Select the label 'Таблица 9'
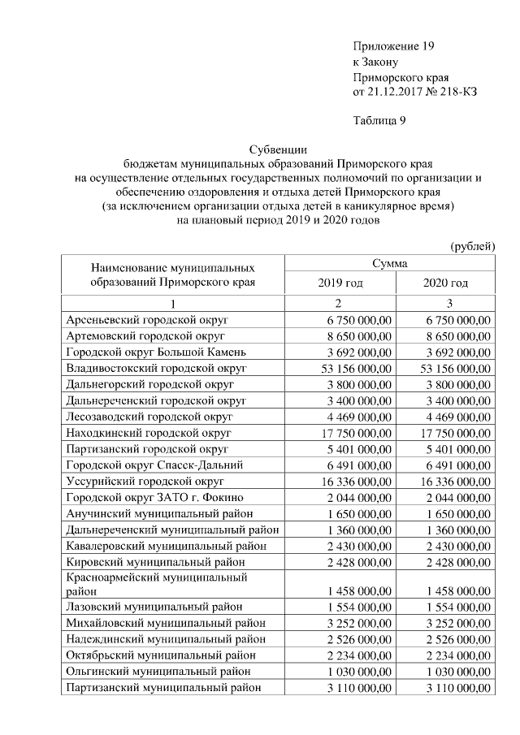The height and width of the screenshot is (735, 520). tap(379, 121)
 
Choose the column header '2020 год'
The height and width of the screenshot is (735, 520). tap(445, 283)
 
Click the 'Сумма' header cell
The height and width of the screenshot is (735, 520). tap(390, 263)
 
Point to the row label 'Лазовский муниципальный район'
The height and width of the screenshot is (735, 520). tap(148, 607)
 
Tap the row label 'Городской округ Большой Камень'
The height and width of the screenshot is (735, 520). tap(150, 352)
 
